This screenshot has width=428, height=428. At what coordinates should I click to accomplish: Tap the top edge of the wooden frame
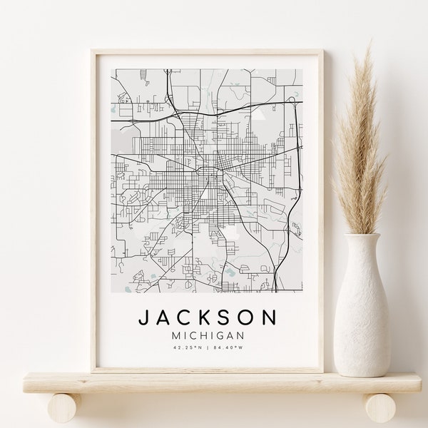pyautogui.click(x=207, y=53)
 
